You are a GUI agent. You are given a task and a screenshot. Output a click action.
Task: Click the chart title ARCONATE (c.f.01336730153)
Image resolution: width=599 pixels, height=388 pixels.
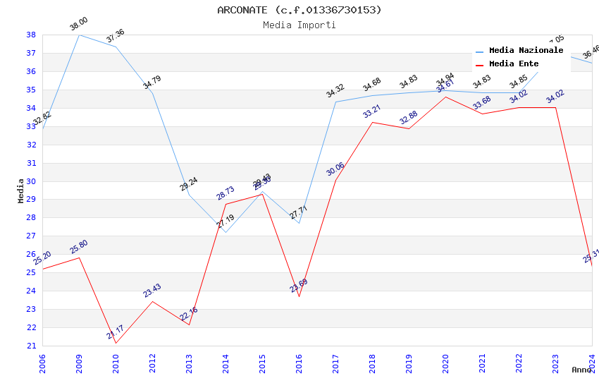(x=299, y=10)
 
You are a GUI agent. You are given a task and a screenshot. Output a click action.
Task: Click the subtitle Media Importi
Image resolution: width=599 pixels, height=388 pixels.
(x=299, y=25)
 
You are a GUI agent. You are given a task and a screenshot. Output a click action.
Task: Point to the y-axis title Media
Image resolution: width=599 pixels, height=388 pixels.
(x=21, y=190)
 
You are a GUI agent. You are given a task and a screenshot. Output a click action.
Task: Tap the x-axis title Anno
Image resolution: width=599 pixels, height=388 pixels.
(x=581, y=370)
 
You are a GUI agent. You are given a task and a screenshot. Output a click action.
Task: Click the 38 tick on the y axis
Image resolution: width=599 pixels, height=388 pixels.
(x=31, y=35)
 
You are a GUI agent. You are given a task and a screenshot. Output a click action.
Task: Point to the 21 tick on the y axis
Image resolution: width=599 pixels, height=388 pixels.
(x=31, y=346)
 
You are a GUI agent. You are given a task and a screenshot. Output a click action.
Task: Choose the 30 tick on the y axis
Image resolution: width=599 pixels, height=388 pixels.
(x=31, y=181)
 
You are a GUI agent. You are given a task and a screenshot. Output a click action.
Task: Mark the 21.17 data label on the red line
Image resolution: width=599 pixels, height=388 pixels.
(x=116, y=332)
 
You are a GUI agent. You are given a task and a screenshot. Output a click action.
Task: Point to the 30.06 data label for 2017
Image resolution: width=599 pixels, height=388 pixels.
(x=335, y=169)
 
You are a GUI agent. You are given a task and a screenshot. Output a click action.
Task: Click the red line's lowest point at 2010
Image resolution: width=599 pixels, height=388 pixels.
(x=116, y=344)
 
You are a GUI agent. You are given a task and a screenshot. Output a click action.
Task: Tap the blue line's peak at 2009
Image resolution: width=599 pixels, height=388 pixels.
(x=79, y=35)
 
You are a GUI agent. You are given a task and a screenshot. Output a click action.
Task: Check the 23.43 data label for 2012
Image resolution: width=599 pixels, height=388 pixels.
(x=152, y=290)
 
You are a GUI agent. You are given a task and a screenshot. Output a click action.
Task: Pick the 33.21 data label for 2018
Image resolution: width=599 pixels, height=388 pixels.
(x=372, y=111)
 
